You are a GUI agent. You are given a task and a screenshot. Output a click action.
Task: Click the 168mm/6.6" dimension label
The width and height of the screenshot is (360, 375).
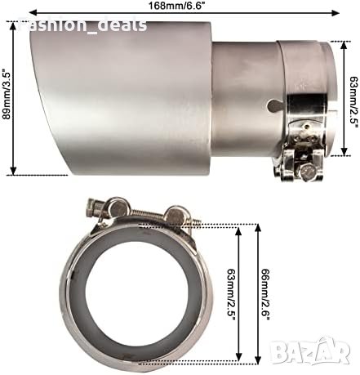pyautogui.click(x=176, y=6)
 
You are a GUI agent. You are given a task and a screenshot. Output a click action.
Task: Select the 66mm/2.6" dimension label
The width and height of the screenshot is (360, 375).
pyautogui.click(x=265, y=295)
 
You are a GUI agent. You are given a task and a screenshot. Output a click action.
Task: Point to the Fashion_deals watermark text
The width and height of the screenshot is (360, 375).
pyautogui.click(x=83, y=25)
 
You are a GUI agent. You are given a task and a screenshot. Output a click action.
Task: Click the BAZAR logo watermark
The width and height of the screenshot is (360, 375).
pyautogui.click(x=312, y=350)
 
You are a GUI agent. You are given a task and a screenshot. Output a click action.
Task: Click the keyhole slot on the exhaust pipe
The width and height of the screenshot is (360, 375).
pyautogui.click(x=275, y=105)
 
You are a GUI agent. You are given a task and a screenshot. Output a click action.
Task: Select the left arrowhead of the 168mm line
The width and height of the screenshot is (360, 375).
pyautogui.click(x=33, y=12)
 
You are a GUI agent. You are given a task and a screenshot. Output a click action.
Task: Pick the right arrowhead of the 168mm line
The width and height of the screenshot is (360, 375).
pyautogui.click(x=336, y=12)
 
